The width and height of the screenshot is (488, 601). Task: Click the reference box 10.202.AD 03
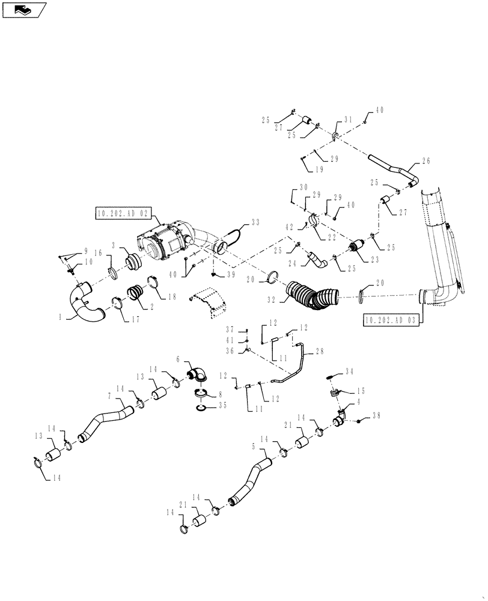tap(391, 320)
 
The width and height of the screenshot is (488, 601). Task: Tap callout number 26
tap(426, 161)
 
